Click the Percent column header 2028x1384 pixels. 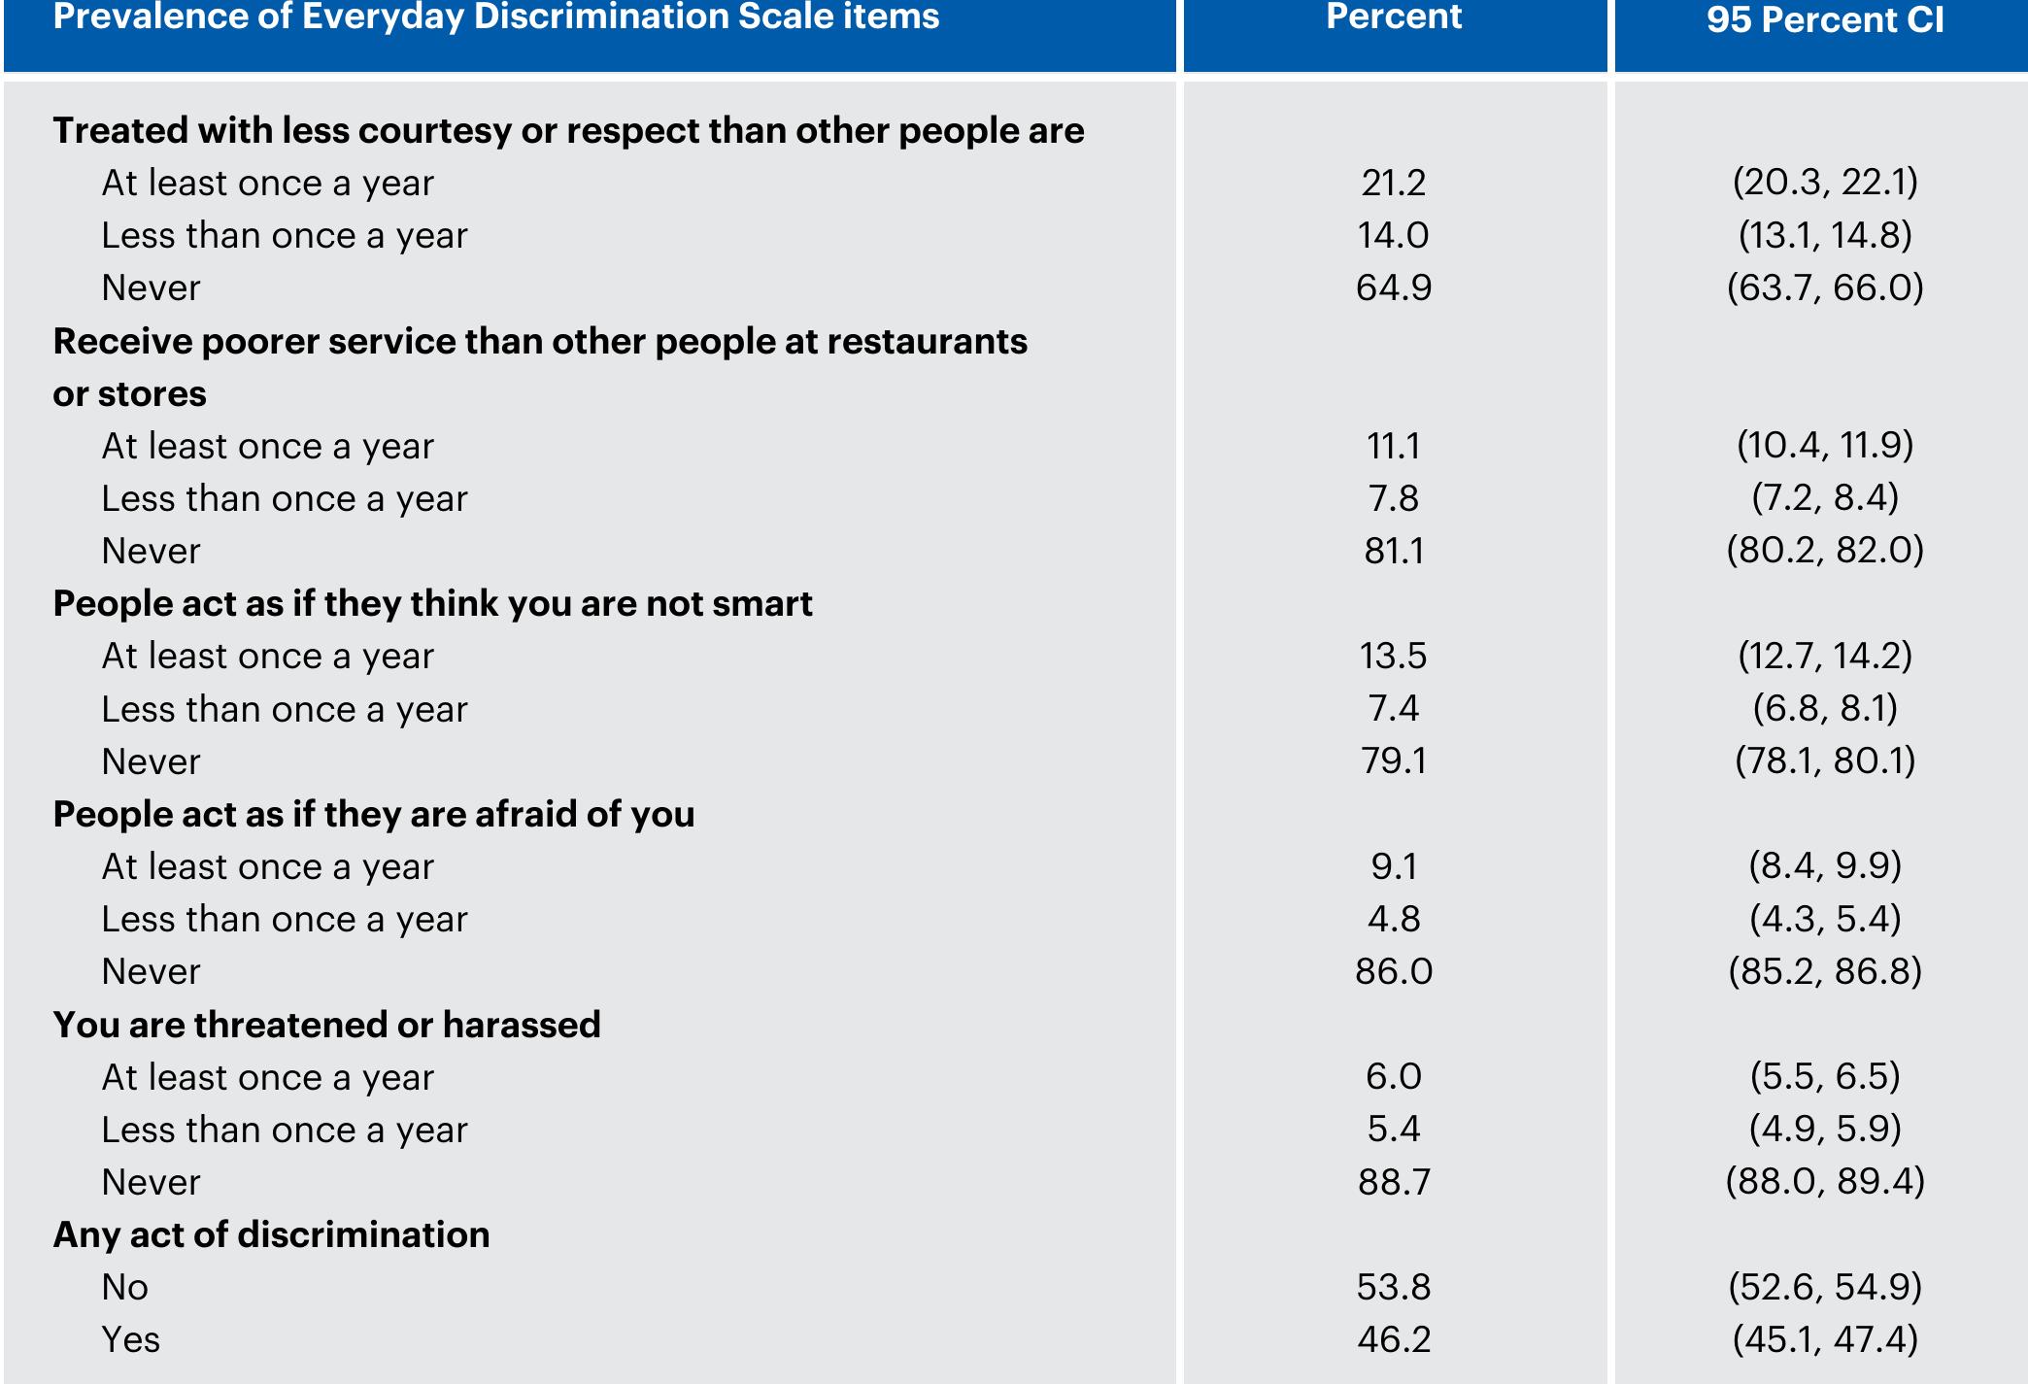[x=1394, y=17]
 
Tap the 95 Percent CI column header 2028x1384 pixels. [x=1824, y=19]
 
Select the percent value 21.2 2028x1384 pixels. [x=1393, y=183]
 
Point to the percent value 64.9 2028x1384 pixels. [x=1393, y=287]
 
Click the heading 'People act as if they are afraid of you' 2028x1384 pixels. [x=374, y=814]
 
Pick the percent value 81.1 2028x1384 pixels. [x=1393, y=551]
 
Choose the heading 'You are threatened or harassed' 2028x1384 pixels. [x=326, y=1025]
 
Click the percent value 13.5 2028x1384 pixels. [x=1393, y=656]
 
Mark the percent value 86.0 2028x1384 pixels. [x=1393, y=971]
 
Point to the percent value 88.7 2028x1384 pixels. [x=1393, y=1182]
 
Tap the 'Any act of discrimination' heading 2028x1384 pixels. [x=271, y=1234]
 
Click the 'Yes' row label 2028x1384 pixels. [x=130, y=1339]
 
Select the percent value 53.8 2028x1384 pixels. [x=1393, y=1287]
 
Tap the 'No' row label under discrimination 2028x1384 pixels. [x=124, y=1287]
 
